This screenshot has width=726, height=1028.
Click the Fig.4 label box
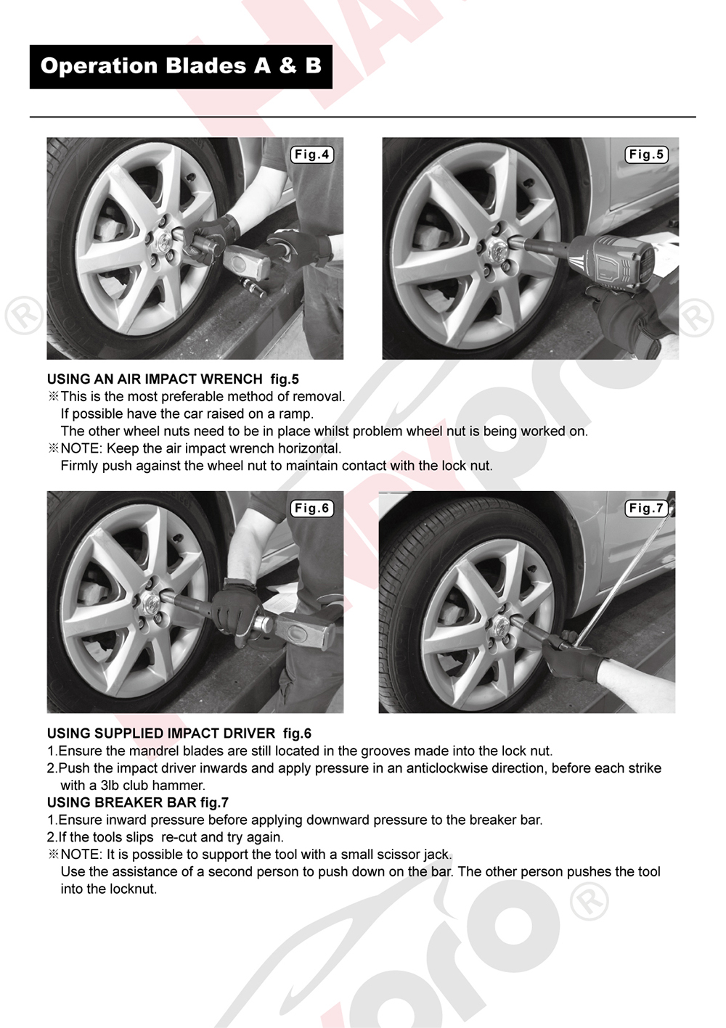coord(311,155)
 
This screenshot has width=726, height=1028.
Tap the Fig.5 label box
coord(647,155)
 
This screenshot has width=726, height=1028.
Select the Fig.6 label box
coord(311,509)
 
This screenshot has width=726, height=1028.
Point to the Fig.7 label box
coord(647,509)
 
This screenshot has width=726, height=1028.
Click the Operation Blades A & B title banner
coord(181,67)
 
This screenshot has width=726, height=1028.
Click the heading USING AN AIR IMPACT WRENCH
coord(155,379)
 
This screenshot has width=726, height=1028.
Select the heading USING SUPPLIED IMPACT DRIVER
coord(161,733)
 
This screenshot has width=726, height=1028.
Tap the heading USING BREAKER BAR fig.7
coord(138,802)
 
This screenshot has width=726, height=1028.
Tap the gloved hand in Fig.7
coord(571,657)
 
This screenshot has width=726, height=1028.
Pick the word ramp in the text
coord(296,414)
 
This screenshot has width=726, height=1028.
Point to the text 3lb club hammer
coord(152,786)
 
